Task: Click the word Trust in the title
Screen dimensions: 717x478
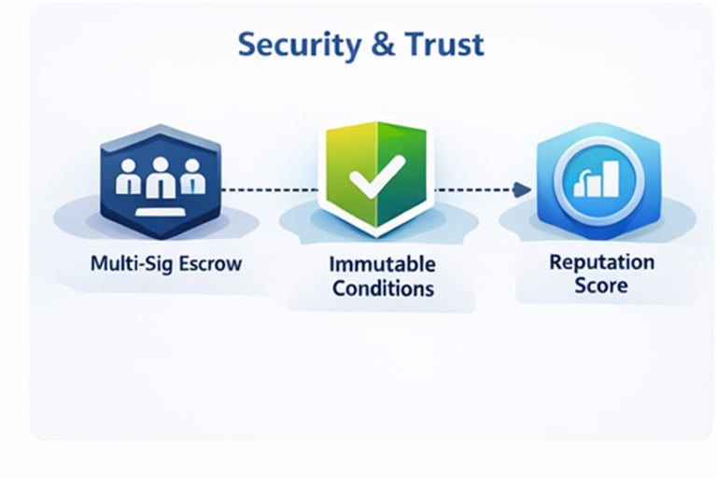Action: click(444, 44)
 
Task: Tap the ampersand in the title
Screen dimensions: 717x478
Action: click(385, 44)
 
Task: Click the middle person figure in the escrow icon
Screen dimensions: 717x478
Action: click(161, 176)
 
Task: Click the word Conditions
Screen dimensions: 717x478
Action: click(384, 288)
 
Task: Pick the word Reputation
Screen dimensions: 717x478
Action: click(601, 261)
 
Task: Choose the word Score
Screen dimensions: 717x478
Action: click(601, 285)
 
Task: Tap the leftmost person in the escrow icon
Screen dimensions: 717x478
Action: click(128, 178)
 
